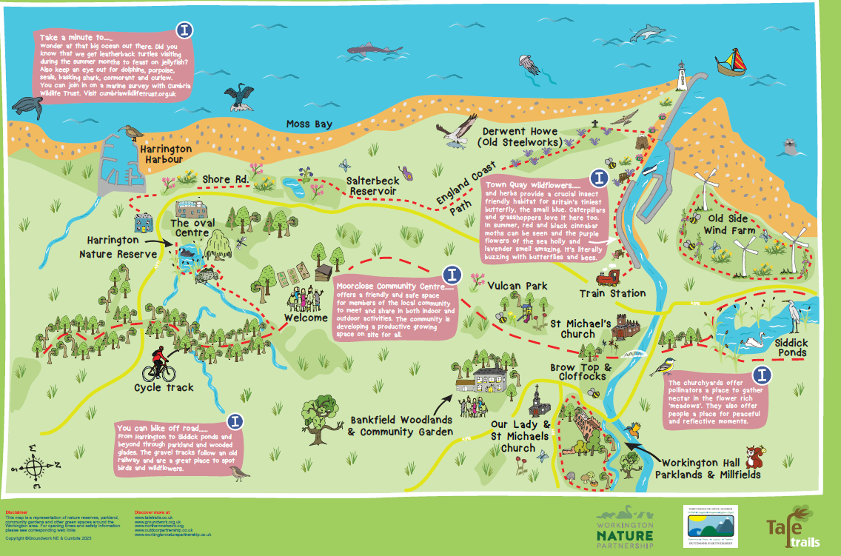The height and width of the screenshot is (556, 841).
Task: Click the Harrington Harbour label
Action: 166,154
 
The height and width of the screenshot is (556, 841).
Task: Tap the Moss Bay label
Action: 309,124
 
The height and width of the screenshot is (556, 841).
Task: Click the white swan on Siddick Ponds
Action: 755,340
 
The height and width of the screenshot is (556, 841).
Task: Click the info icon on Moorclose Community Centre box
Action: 452,275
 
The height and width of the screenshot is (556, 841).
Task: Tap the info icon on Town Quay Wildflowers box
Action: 598,178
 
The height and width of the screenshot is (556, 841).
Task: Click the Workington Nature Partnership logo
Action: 626,527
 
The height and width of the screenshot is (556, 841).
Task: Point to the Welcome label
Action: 306,318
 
